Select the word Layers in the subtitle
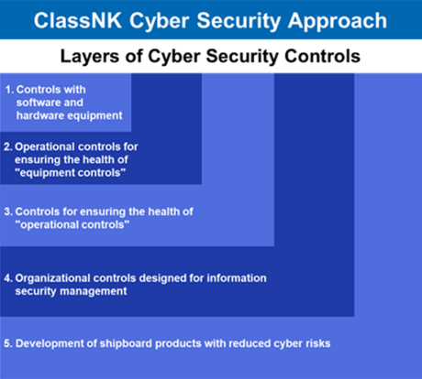pos(90,57)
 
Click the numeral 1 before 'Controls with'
pos(8,90)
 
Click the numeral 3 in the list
pos(8,211)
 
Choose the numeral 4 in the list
pos(8,277)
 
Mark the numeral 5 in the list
pos(8,343)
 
